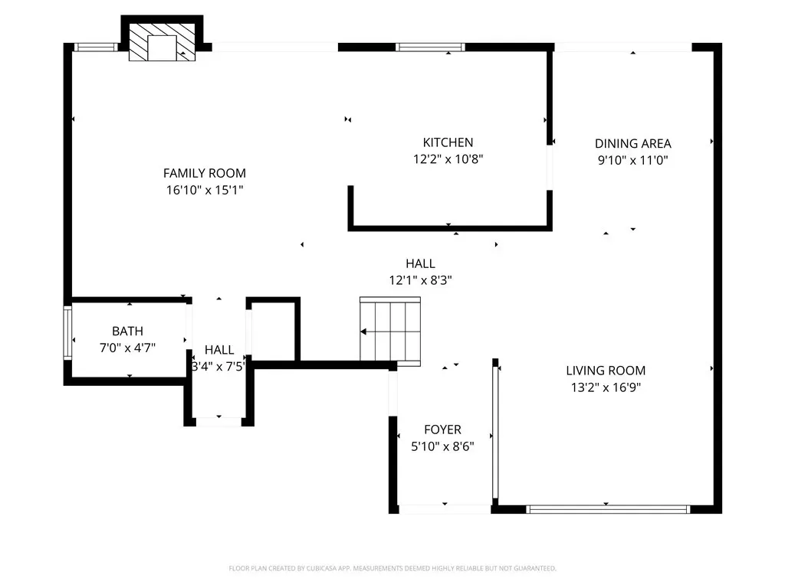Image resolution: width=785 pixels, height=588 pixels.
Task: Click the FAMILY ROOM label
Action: pyautogui.click(x=204, y=173)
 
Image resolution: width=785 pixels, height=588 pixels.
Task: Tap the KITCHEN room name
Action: pyautogui.click(x=448, y=142)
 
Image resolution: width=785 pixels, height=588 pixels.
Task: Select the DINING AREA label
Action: pyautogui.click(x=632, y=143)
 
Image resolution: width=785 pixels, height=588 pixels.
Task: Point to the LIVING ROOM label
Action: pyautogui.click(x=606, y=371)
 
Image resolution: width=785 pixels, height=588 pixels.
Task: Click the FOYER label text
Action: pyautogui.click(x=442, y=430)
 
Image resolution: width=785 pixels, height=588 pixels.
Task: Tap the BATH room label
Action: pyautogui.click(x=128, y=331)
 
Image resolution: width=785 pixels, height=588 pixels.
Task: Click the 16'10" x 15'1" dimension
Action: pyautogui.click(x=205, y=190)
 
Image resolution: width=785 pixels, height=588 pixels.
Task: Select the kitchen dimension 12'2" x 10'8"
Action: pyautogui.click(x=448, y=159)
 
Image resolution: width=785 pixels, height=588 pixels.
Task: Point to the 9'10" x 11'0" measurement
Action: pyautogui.click(x=633, y=160)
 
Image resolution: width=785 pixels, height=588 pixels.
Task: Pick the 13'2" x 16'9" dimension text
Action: pyautogui.click(x=606, y=387)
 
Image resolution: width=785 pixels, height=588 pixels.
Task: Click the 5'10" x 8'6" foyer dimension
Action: pyautogui.click(x=442, y=446)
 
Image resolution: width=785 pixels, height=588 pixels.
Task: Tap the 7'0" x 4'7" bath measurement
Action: pyautogui.click(x=128, y=348)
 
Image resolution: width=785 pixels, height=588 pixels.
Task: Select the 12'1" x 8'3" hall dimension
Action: pyautogui.click(x=421, y=280)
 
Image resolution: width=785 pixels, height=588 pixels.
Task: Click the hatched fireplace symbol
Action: pyautogui.click(x=163, y=43)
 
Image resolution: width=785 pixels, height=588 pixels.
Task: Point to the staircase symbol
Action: pyautogui.click(x=390, y=332)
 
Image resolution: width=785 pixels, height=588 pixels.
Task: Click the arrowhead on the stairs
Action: pyautogui.click(x=363, y=332)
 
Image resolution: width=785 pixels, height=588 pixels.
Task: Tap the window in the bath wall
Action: pyautogui.click(x=67, y=332)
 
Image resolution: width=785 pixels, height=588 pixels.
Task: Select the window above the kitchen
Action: pyautogui.click(x=430, y=47)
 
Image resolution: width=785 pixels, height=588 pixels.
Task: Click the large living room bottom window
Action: pyautogui.click(x=608, y=509)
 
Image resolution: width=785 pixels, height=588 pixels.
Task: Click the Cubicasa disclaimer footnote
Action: pyautogui.click(x=392, y=569)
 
